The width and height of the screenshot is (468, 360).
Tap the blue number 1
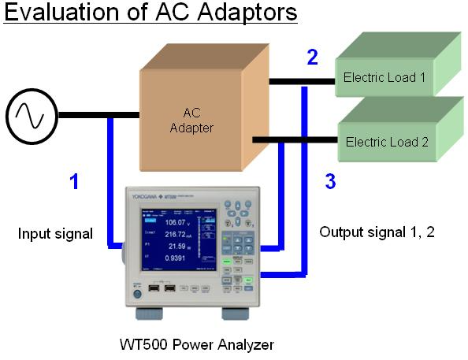74,182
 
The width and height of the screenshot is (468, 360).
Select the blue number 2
313,57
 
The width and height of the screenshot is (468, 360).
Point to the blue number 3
330,182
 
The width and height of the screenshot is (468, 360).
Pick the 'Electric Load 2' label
387,143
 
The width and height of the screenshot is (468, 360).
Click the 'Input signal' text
55,233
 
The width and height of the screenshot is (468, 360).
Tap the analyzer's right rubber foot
235,314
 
